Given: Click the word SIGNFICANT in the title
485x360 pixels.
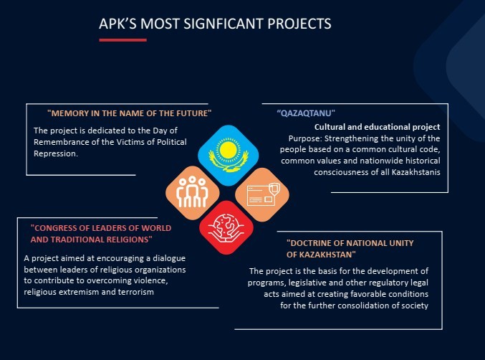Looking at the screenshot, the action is click(224, 24).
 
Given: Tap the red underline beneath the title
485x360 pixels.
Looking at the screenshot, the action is click(123, 40).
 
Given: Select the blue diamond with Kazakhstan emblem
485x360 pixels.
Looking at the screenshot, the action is click(229, 155).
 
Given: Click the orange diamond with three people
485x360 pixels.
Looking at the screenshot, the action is click(193, 193).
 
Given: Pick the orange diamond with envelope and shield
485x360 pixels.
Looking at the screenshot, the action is click(262, 195).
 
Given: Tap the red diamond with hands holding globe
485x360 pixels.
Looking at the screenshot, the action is click(226, 227).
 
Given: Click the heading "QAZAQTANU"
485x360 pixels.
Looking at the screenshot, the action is click(306, 113).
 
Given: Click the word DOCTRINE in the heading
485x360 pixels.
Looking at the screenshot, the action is click(311, 243).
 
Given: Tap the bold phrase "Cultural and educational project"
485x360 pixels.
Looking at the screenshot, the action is click(377, 127).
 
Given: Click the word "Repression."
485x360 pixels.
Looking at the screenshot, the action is click(56, 153).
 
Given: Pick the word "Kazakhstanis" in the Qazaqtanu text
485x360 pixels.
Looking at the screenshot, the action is click(416, 172).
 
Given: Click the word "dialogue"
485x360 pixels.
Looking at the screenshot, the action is click(169, 258).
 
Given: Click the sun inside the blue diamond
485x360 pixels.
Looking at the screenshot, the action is click(229, 150).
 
